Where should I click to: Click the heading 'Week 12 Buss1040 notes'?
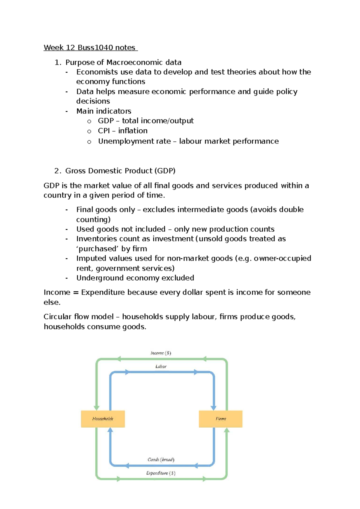[90, 47]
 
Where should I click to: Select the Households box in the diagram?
[103, 419]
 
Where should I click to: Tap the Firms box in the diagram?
[220, 419]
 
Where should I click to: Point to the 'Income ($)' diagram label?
[161, 353]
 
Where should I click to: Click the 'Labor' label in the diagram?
[161, 366]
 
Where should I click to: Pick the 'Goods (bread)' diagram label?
[161, 459]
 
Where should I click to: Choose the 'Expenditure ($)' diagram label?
[161, 473]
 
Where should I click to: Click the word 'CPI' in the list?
[104, 131]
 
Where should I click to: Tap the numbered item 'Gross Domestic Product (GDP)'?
[120, 171]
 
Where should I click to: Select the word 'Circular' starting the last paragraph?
[57, 317]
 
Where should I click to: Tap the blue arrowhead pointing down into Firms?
[214, 408]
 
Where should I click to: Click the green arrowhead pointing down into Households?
[96, 408]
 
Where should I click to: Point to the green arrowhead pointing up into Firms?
[227, 431]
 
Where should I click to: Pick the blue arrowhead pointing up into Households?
[110, 430]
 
